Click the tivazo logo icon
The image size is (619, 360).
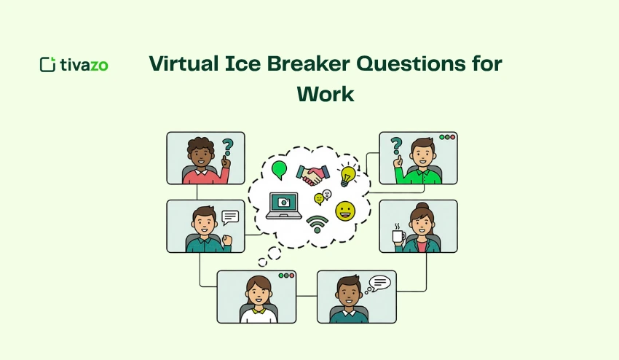pos(47,64)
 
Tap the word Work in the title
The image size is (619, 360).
pos(325,93)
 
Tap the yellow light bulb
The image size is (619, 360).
pos(348,174)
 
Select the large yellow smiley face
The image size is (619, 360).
pos(345,211)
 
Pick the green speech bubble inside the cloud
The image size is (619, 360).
pos(279,170)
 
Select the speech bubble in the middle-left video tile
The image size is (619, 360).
pos(230,216)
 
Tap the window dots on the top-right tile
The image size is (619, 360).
pos(446,137)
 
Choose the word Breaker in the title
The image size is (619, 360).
pos(298,63)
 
